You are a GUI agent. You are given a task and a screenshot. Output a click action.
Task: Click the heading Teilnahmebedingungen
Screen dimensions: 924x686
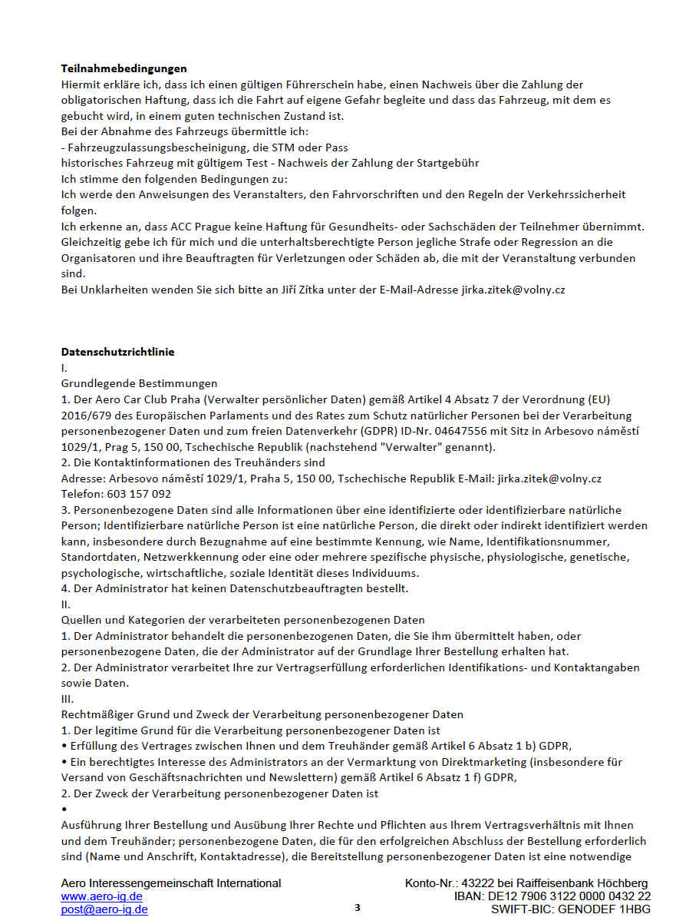(124, 69)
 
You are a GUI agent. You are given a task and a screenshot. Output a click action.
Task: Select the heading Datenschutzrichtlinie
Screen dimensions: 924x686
(117, 352)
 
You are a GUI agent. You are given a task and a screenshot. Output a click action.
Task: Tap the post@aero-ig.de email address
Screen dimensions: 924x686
(104, 909)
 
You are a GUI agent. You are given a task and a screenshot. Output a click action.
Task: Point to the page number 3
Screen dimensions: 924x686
(358, 908)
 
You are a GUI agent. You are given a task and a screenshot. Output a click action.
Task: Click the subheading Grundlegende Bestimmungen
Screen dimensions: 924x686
(139, 383)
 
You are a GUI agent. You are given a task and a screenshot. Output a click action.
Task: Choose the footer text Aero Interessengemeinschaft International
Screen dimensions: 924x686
(171, 883)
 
